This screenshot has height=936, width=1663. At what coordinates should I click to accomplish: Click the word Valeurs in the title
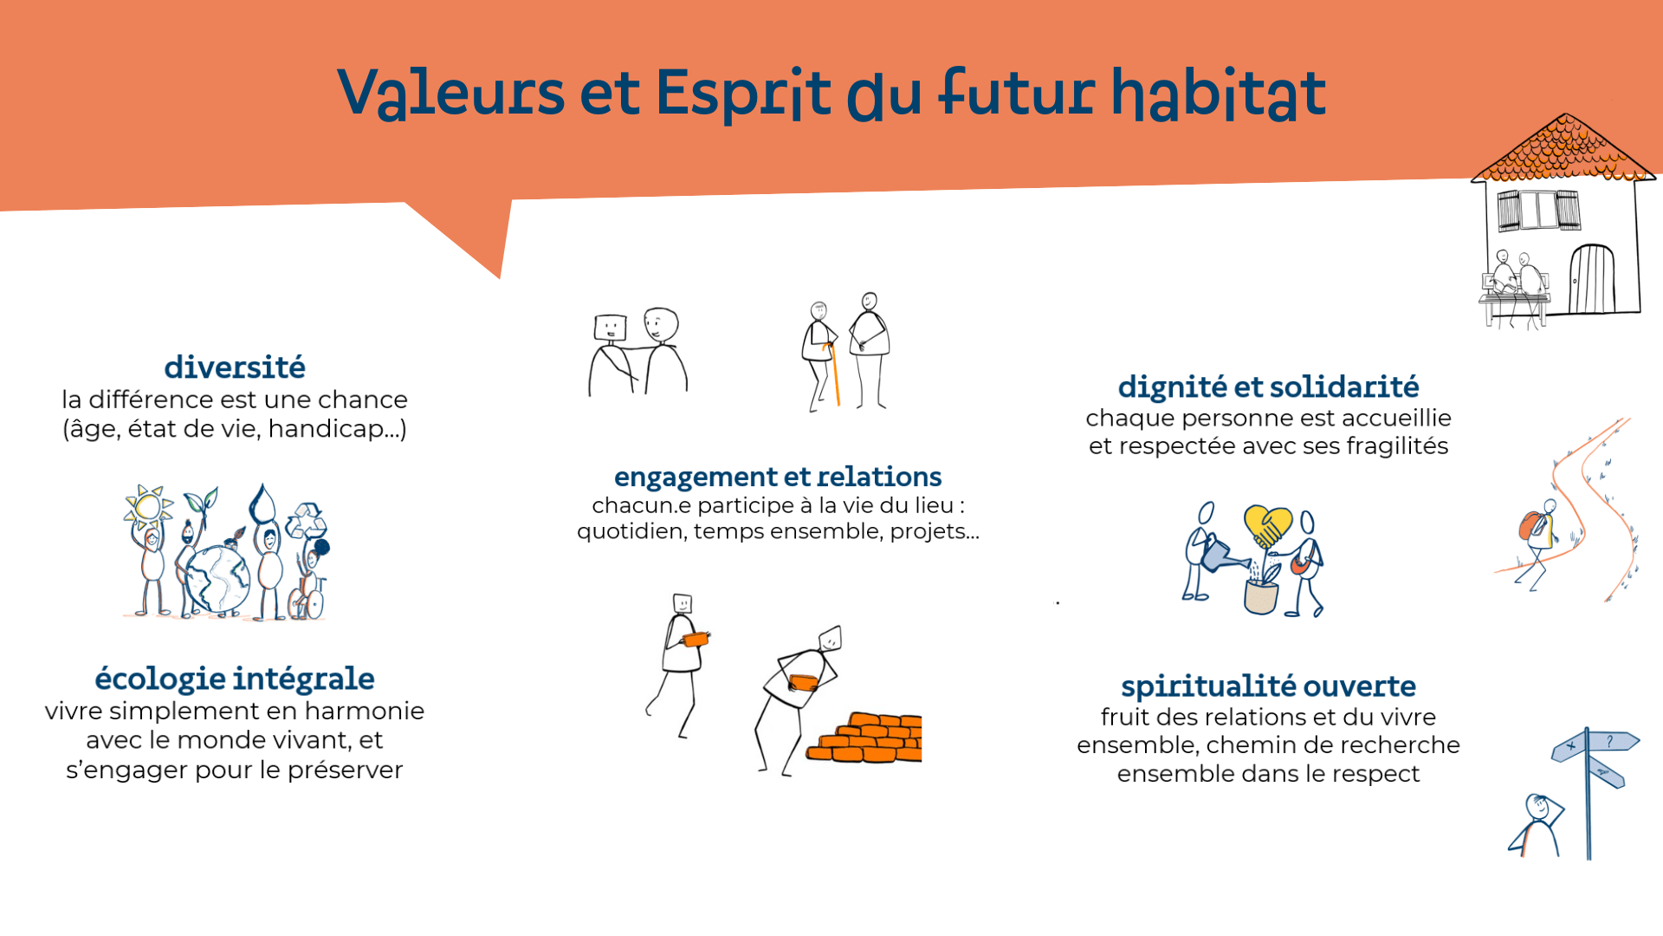coord(450,93)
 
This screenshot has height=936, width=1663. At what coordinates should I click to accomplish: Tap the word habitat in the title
coord(1219,93)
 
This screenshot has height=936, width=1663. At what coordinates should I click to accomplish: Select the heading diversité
coord(235,367)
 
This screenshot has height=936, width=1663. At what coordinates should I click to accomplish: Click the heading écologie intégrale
coord(235,679)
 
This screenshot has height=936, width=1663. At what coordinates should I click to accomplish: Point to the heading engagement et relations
coord(778,478)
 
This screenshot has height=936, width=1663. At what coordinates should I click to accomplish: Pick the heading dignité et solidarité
coord(1268,387)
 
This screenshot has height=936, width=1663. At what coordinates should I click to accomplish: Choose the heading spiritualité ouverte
coord(1268,686)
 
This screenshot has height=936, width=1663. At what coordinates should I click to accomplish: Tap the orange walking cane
coord(833,374)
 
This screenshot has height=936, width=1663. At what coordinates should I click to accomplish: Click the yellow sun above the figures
coord(147,506)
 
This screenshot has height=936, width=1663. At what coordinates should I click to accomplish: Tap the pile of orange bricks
coord(865,738)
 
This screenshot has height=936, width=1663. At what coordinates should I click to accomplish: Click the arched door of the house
coord(1592,279)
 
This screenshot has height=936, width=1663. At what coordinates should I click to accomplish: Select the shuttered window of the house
coord(1539,211)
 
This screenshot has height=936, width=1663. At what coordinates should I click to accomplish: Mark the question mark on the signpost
coord(1609,741)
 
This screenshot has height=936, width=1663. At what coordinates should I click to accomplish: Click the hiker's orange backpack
coord(1530,525)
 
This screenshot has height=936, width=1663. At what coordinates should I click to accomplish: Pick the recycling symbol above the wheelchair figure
coord(306,521)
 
